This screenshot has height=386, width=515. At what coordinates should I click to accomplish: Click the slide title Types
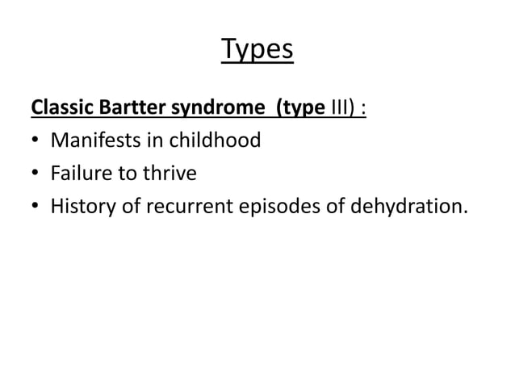point(257,52)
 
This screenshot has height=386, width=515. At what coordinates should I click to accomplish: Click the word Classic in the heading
point(59,108)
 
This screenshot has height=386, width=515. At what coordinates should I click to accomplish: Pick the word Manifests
point(92,141)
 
